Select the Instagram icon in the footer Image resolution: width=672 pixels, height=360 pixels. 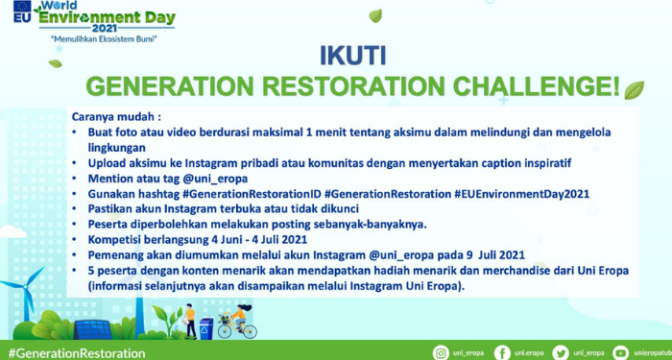(441, 352)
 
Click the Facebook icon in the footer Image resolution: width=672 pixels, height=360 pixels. (501, 352)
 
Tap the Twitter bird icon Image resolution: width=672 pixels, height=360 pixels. (562, 352)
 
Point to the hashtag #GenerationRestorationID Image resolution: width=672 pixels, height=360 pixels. (251, 193)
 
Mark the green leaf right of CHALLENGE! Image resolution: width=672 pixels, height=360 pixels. (634, 89)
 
